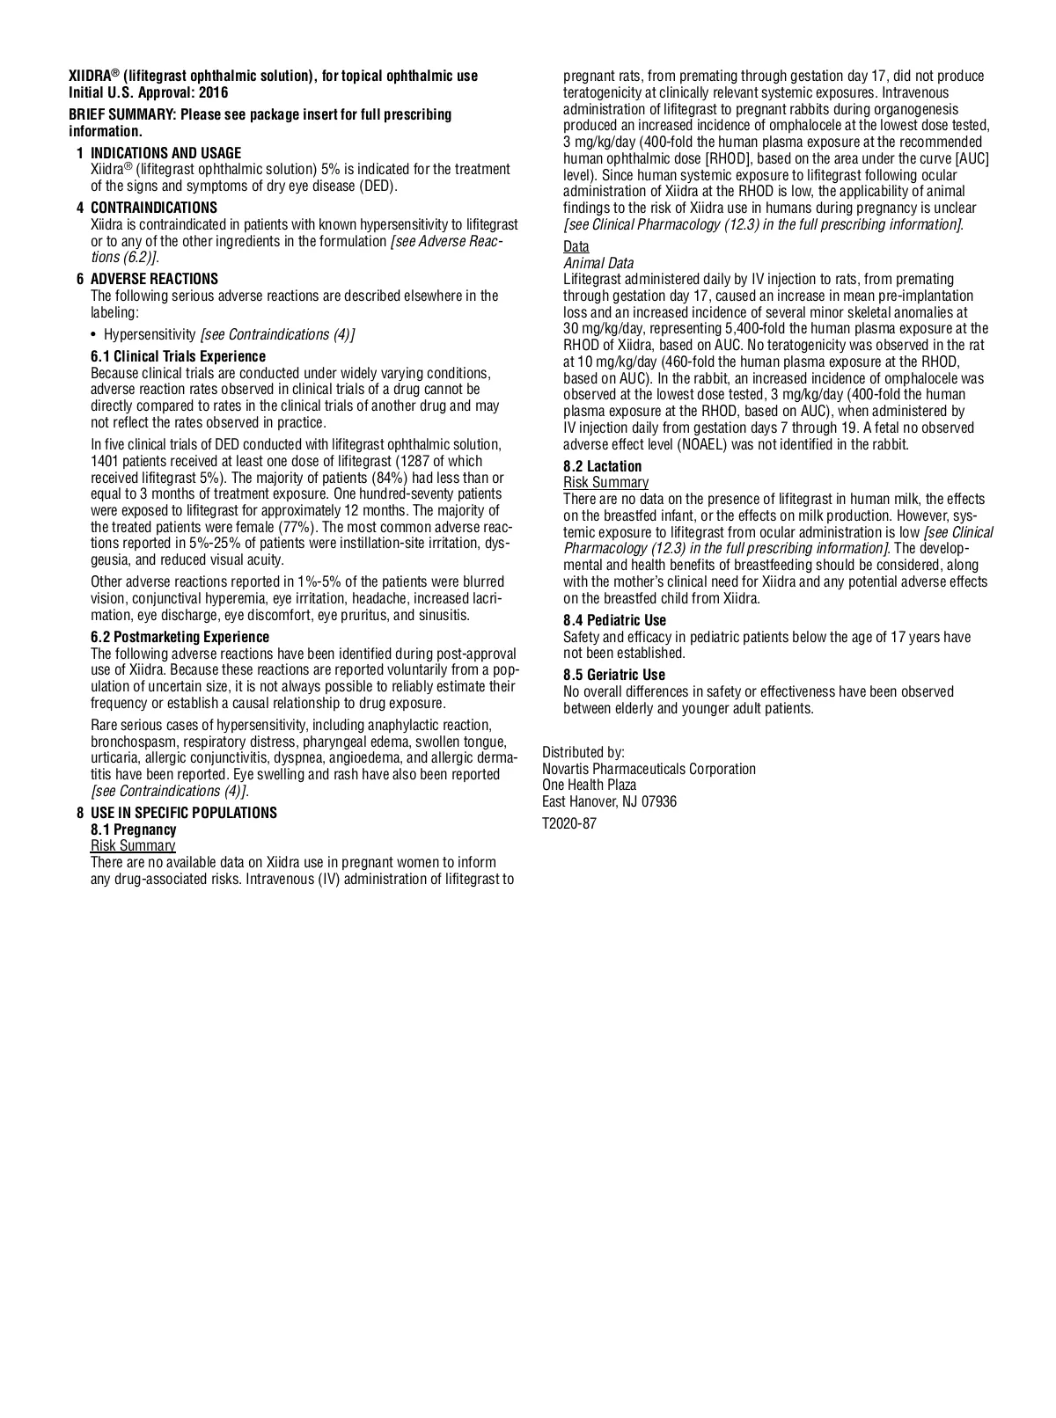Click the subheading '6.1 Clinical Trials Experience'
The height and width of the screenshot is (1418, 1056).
(x=178, y=356)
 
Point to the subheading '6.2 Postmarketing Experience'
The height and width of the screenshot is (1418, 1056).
(x=180, y=637)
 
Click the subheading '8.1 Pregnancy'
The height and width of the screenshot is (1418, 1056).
(x=133, y=830)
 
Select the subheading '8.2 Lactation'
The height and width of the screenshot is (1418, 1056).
(x=602, y=466)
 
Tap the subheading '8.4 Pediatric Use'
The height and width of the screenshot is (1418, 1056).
(x=614, y=620)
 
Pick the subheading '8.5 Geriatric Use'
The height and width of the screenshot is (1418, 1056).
(x=613, y=676)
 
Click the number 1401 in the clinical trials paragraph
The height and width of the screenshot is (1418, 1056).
(x=106, y=461)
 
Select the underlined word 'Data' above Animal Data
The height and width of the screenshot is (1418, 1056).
(x=576, y=246)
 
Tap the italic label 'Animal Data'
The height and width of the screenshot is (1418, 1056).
(x=598, y=263)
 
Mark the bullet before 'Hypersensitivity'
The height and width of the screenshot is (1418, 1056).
(x=94, y=334)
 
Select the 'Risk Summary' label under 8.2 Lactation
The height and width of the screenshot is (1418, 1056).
(x=605, y=482)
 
